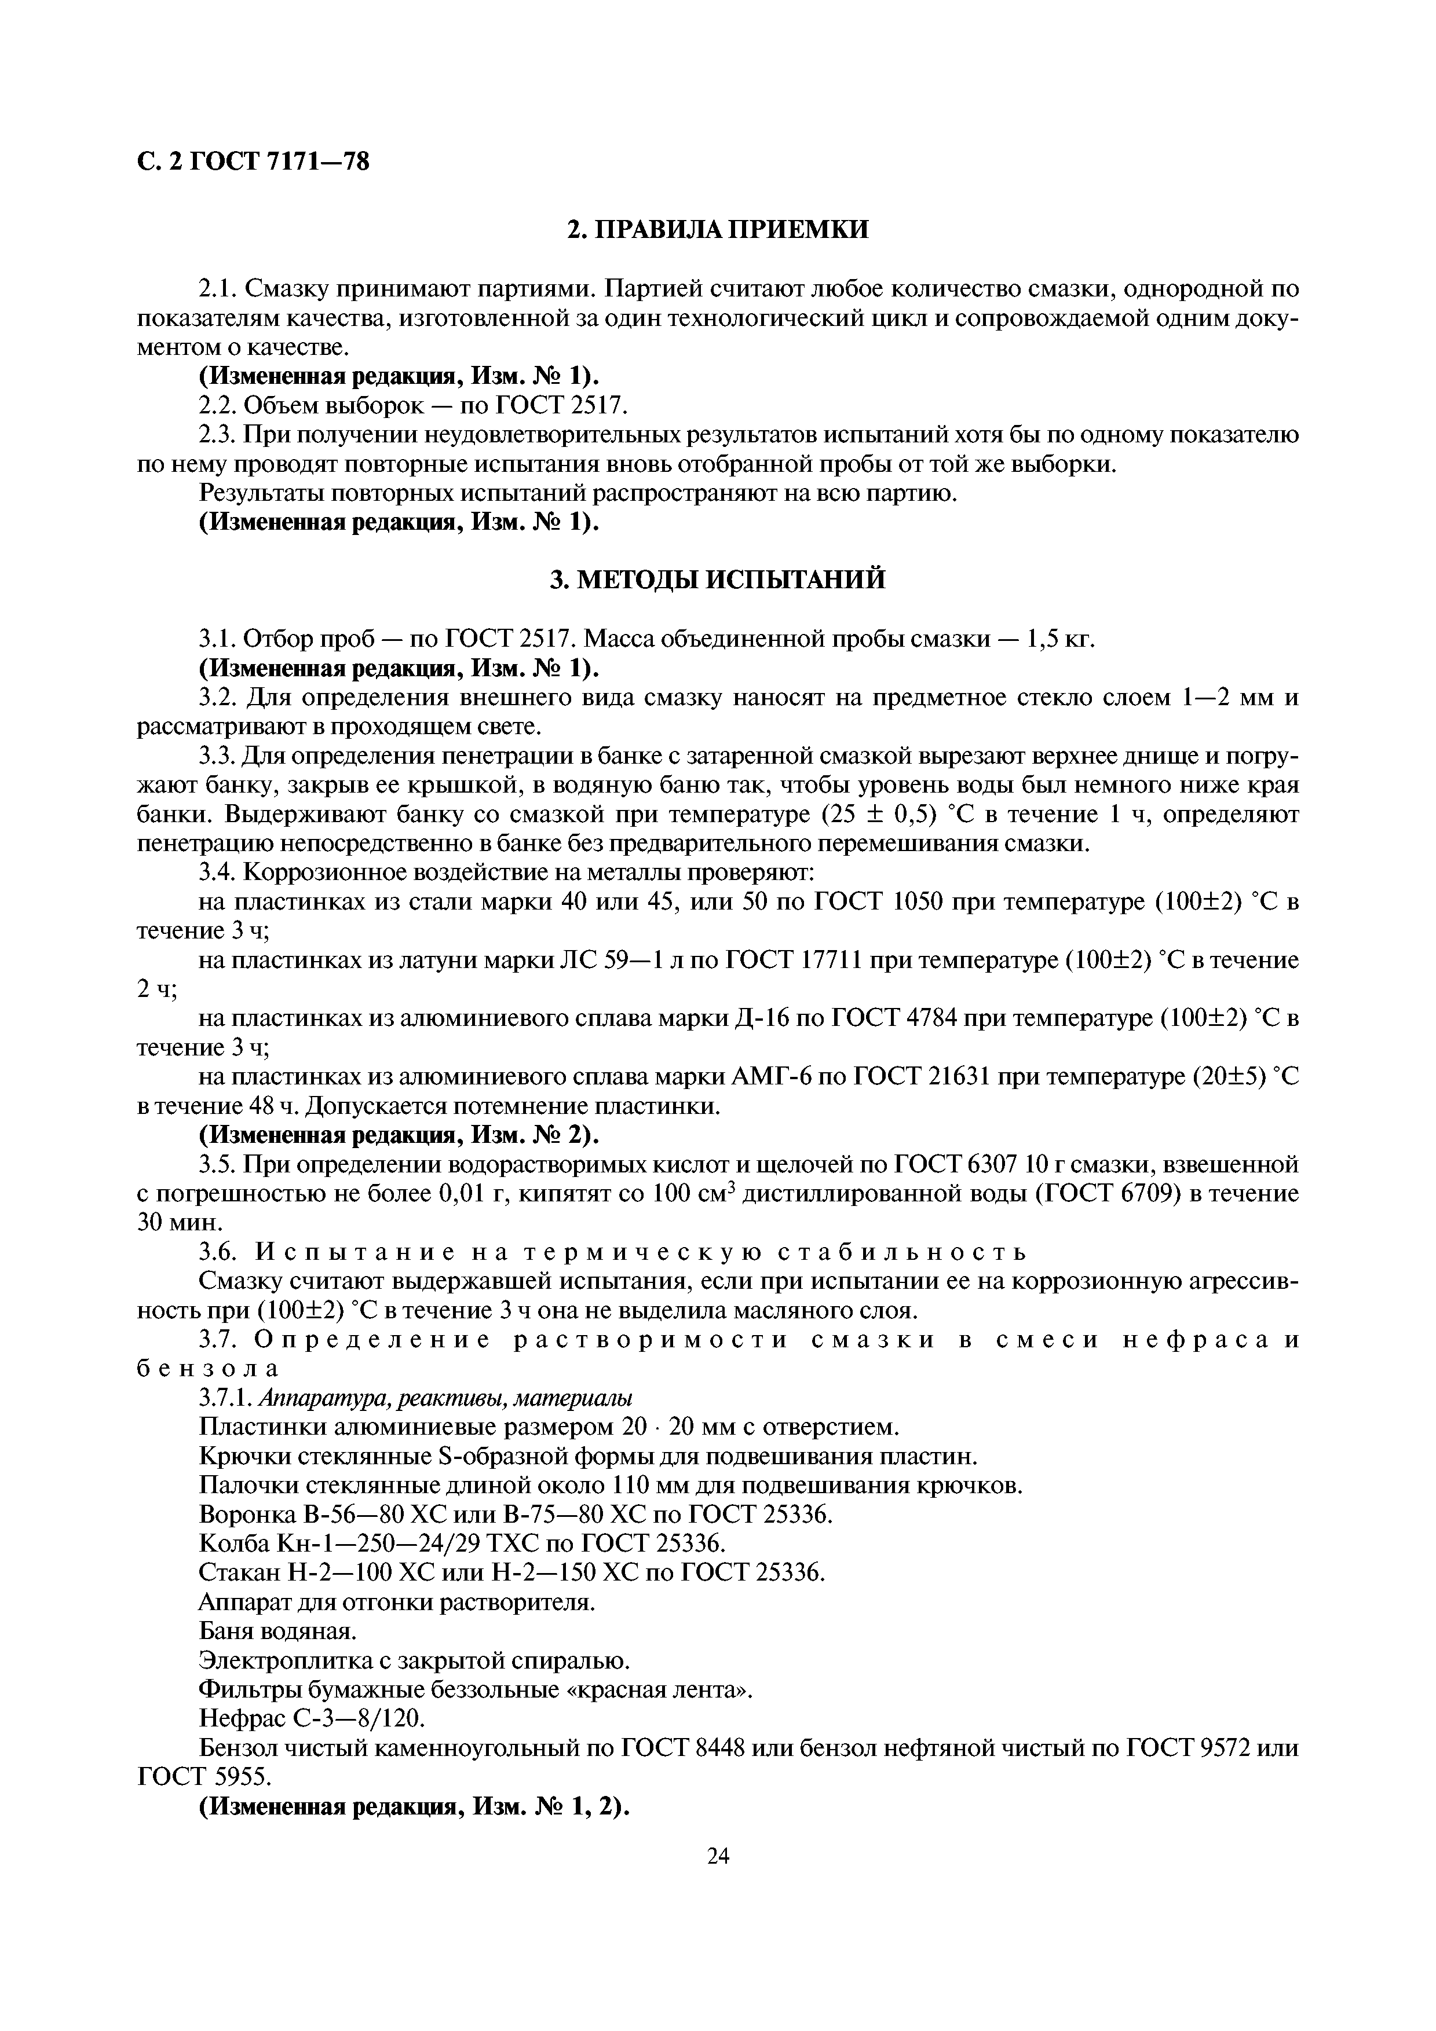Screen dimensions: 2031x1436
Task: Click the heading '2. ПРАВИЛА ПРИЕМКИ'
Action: (718, 230)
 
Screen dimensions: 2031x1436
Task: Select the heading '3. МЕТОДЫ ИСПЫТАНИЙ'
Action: (718, 580)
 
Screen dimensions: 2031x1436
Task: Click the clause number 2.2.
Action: (218, 405)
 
